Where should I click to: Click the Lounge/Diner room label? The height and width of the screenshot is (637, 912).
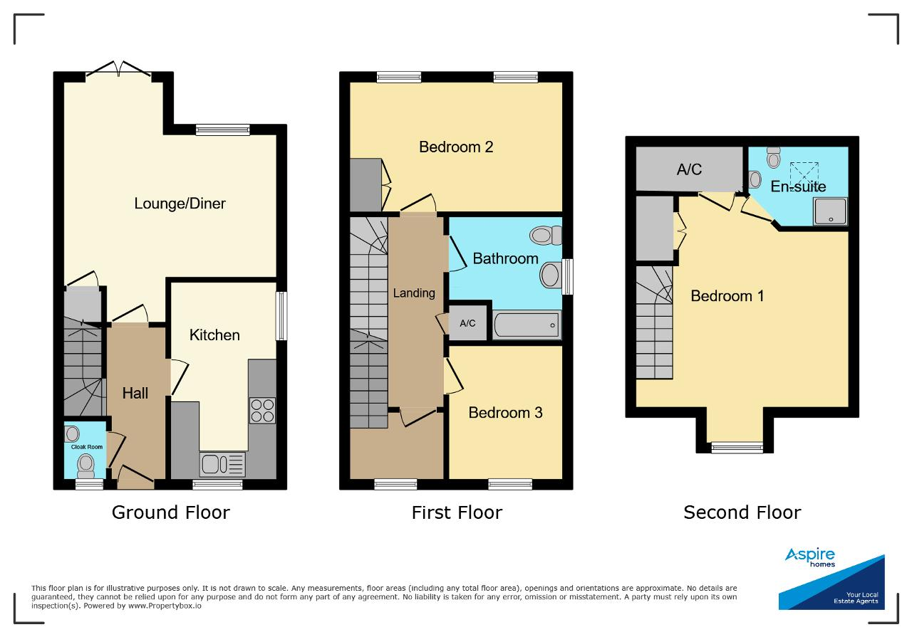click(x=180, y=204)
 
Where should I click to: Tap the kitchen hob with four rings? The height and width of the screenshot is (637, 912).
click(x=262, y=411)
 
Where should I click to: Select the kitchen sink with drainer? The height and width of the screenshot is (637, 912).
click(x=222, y=464)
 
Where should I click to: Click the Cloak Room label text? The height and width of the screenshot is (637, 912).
click(x=87, y=447)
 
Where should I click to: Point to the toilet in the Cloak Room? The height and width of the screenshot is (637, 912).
click(x=86, y=465)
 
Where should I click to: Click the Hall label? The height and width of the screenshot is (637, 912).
click(x=135, y=394)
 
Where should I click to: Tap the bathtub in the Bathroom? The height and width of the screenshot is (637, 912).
click(x=527, y=325)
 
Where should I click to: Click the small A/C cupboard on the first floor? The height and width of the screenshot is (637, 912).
click(x=467, y=323)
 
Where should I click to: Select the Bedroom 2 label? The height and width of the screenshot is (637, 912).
click(x=456, y=147)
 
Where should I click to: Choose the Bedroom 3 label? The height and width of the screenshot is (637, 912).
click(x=505, y=413)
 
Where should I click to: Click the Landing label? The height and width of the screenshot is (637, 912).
click(x=414, y=293)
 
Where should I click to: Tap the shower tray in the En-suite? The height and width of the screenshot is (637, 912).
click(x=830, y=211)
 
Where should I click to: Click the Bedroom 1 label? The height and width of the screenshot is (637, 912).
click(x=727, y=295)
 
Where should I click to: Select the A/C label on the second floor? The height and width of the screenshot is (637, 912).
click(x=689, y=169)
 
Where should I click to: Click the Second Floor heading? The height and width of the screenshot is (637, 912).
click(x=742, y=512)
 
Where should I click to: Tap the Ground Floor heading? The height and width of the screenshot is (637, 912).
click(x=171, y=512)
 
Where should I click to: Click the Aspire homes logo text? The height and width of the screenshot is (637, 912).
click(x=810, y=557)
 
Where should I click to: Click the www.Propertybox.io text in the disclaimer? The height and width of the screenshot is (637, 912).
click(x=165, y=606)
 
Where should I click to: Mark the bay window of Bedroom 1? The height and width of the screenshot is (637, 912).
click(x=737, y=448)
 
